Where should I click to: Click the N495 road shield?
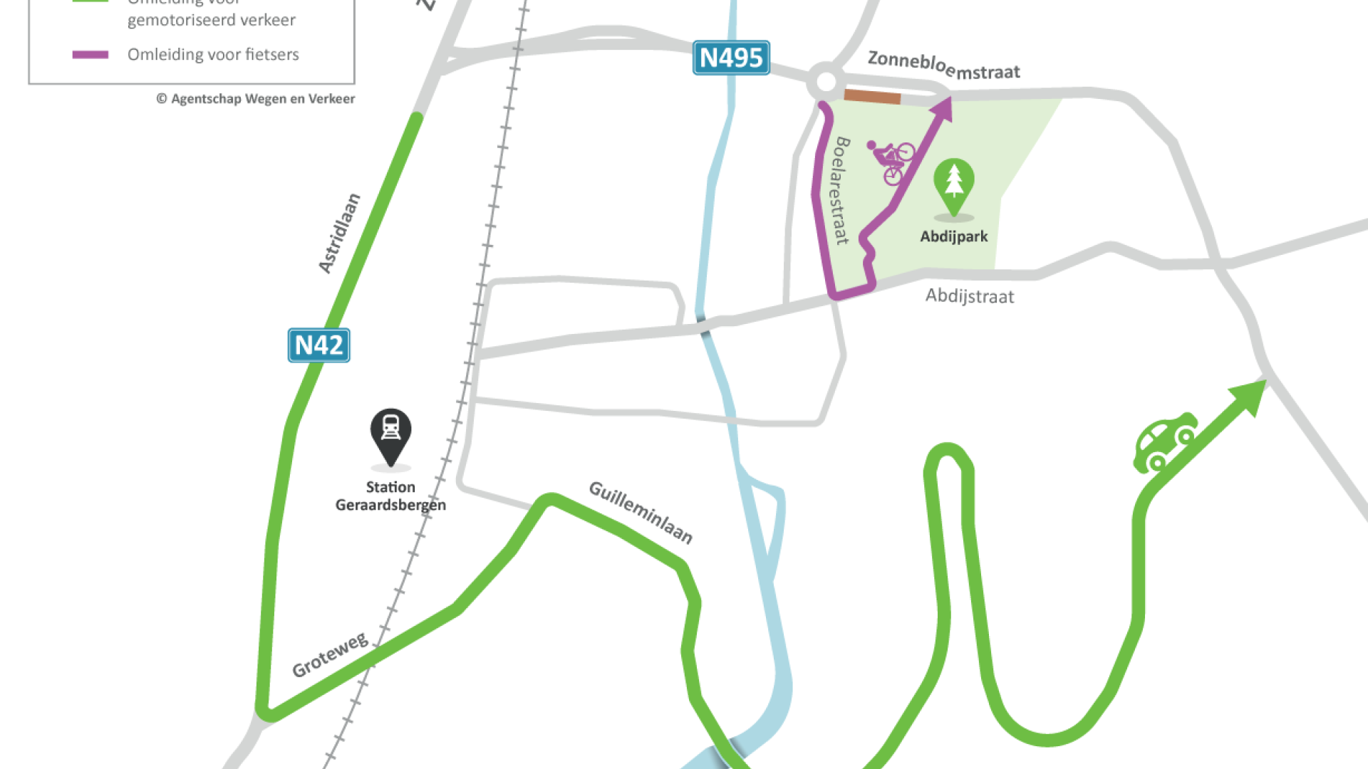731,58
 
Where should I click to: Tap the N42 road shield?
318,345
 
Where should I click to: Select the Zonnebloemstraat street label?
943,66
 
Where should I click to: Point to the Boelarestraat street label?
841,191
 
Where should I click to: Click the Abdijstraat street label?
969,295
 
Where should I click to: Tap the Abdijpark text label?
953,236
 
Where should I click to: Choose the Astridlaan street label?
339,233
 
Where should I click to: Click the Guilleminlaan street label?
641,512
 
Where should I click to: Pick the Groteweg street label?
330,654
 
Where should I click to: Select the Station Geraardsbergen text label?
390,496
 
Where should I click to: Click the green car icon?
1164,441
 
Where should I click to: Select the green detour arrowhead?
1251,394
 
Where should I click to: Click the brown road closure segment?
872,97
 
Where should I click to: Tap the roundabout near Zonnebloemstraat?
826,81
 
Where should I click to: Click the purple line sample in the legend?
90,55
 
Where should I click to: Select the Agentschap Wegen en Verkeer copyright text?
256,99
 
